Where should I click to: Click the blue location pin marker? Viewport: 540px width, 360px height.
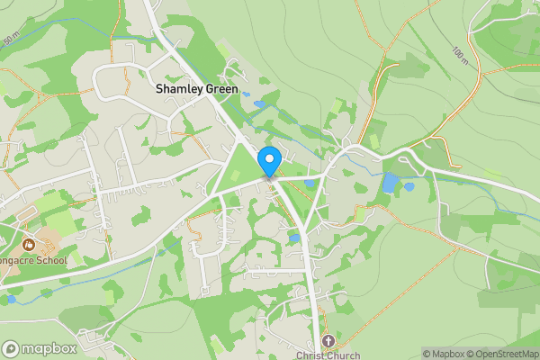click(x=268, y=161)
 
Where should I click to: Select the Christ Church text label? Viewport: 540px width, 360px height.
click(x=328, y=355)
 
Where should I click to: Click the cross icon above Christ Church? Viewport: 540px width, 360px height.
click(x=328, y=341)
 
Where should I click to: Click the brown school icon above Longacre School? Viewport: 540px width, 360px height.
click(x=28, y=243)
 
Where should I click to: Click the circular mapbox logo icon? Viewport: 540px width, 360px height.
click(x=11, y=348)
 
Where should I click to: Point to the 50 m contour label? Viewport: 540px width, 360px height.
click(x=10, y=40)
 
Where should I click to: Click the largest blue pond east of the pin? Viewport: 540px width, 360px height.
click(x=390, y=184)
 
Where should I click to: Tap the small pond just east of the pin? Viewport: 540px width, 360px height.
click(x=310, y=184)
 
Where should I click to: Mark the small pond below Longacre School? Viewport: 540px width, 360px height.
click(x=11, y=299)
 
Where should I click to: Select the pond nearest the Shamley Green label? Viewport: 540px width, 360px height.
click(x=259, y=104)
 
